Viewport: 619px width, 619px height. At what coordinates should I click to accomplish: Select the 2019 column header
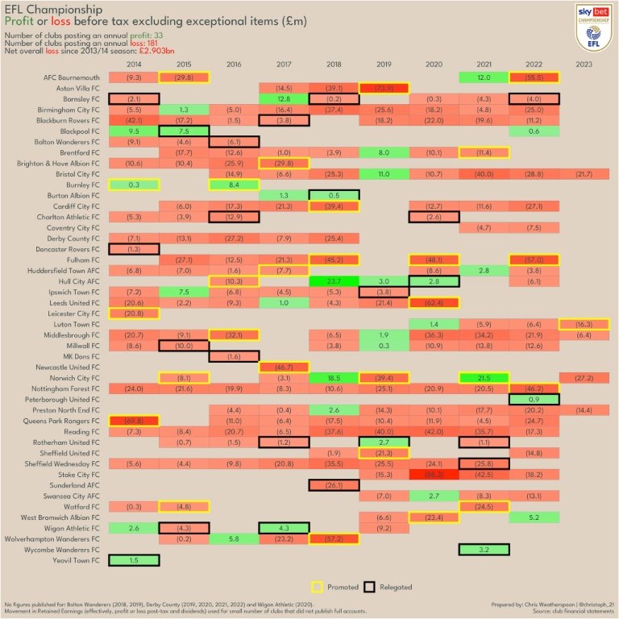click(384, 64)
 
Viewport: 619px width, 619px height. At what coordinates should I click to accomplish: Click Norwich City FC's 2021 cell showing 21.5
click(484, 378)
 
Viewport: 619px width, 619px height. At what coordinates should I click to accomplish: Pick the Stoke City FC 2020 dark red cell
click(434, 475)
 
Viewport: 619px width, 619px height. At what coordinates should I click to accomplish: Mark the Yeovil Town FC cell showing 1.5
click(135, 559)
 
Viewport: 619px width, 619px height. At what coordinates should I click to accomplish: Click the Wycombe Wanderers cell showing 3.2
click(484, 549)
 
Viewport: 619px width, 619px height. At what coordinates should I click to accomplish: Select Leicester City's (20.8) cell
click(135, 313)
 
